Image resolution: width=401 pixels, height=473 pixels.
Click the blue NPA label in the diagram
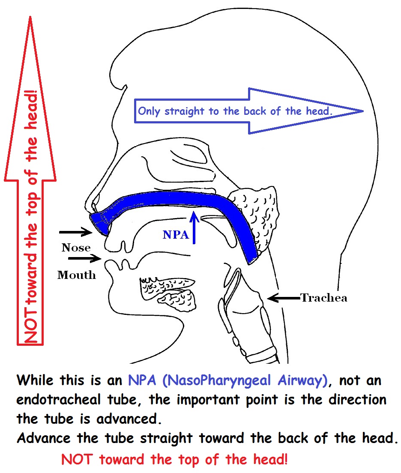point(176,235)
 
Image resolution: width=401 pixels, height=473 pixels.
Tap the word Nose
point(76,248)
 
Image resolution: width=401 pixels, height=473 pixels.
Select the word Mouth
point(77,275)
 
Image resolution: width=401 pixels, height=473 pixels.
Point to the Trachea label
point(323,297)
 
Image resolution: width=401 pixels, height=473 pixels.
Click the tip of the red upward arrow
point(30,19)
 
